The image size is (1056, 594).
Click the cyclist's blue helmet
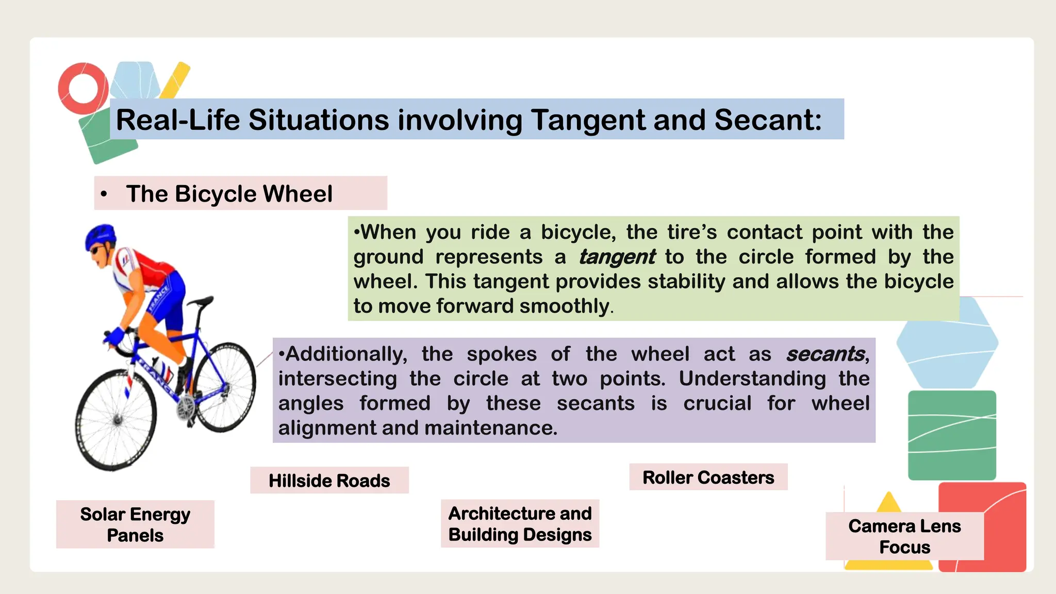coord(101,236)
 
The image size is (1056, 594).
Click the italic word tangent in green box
coord(617,257)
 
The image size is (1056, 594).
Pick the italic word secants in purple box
coord(825,354)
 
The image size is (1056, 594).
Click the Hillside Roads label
coord(329,481)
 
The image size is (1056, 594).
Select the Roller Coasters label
coord(708,477)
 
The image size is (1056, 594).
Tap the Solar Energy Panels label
coord(135,524)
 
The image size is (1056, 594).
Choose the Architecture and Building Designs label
coord(520,524)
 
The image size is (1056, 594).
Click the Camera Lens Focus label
coord(904,536)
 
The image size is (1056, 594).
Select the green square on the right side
coord(952,435)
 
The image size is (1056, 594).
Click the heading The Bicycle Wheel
coord(229,194)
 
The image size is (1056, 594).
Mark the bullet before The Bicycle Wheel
coord(104,194)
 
